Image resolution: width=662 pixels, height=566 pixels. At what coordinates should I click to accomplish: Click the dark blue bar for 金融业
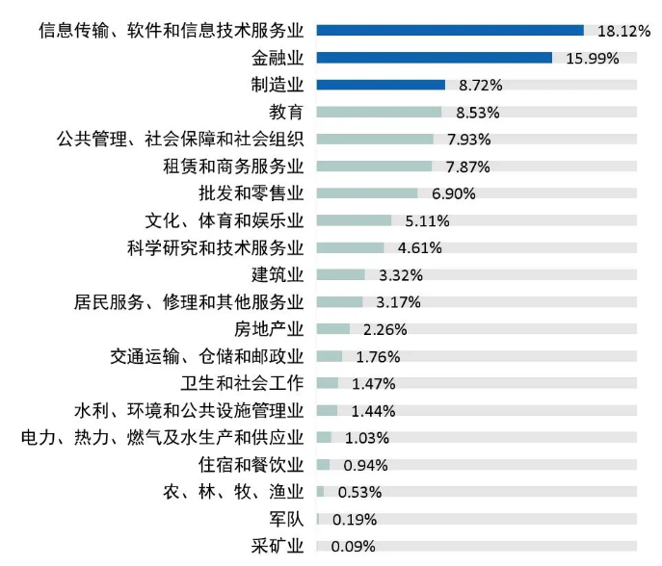(x=434, y=58)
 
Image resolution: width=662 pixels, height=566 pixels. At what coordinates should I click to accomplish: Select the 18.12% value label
(x=623, y=31)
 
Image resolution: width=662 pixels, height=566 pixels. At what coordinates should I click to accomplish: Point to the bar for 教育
(x=379, y=112)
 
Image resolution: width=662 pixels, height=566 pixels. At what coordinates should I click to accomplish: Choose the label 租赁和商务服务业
(x=234, y=167)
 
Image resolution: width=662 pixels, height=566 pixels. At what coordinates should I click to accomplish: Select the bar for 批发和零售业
(x=366, y=193)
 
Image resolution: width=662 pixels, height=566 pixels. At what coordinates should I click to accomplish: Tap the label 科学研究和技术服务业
(x=216, y=247)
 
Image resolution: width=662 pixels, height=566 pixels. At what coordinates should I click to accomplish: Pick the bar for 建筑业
(x=340, y=275)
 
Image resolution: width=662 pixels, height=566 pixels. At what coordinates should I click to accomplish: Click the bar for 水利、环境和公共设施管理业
(x=327, y=411)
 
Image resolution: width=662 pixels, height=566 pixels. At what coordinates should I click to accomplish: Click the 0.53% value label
(x=359, y=492)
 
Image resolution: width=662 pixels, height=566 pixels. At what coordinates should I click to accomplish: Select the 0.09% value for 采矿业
(x=353, y=547)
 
